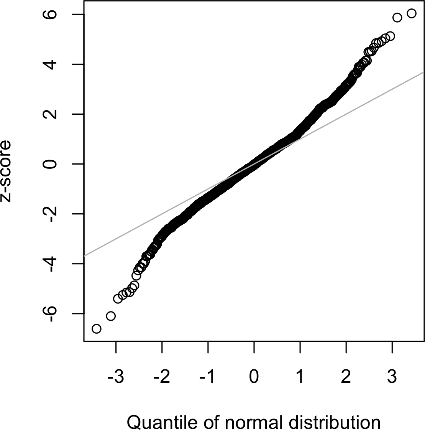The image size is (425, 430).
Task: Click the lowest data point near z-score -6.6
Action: [96, 329]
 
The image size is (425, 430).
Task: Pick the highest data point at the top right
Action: [412, 13]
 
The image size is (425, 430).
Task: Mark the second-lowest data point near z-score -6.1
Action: [111, 316]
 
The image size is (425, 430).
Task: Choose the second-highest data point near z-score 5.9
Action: [397, 17]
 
